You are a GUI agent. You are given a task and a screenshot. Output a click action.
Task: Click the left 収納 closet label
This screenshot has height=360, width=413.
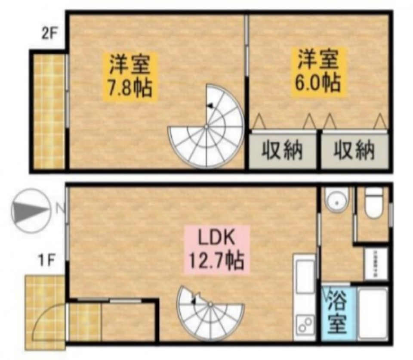coord(282,151)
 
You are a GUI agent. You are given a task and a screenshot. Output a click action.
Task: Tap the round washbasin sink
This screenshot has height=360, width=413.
coord(336,200)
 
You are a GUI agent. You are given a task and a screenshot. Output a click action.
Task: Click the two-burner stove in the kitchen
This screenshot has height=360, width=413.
coord(305,326)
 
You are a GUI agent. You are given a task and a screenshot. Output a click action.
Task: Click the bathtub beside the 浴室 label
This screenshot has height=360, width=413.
coord(373,312)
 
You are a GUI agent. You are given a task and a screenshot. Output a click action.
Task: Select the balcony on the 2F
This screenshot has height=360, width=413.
coord(49,111)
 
